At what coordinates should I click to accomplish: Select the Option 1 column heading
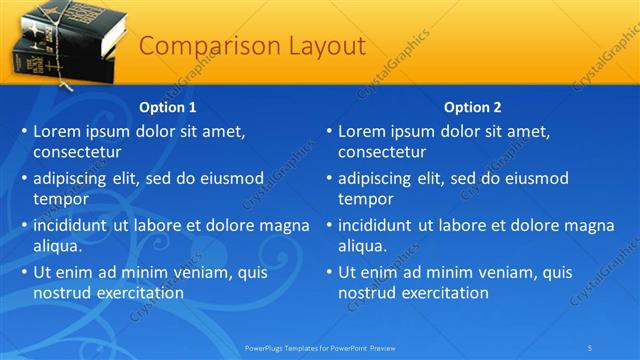click(168, 107)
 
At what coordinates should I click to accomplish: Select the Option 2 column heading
click(473, 107)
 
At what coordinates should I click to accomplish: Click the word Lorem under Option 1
click(57, 131)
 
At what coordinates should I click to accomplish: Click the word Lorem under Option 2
click(362, 131)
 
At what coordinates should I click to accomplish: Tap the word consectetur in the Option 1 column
click(78, 153)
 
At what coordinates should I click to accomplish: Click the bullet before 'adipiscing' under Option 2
click(329, 179)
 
